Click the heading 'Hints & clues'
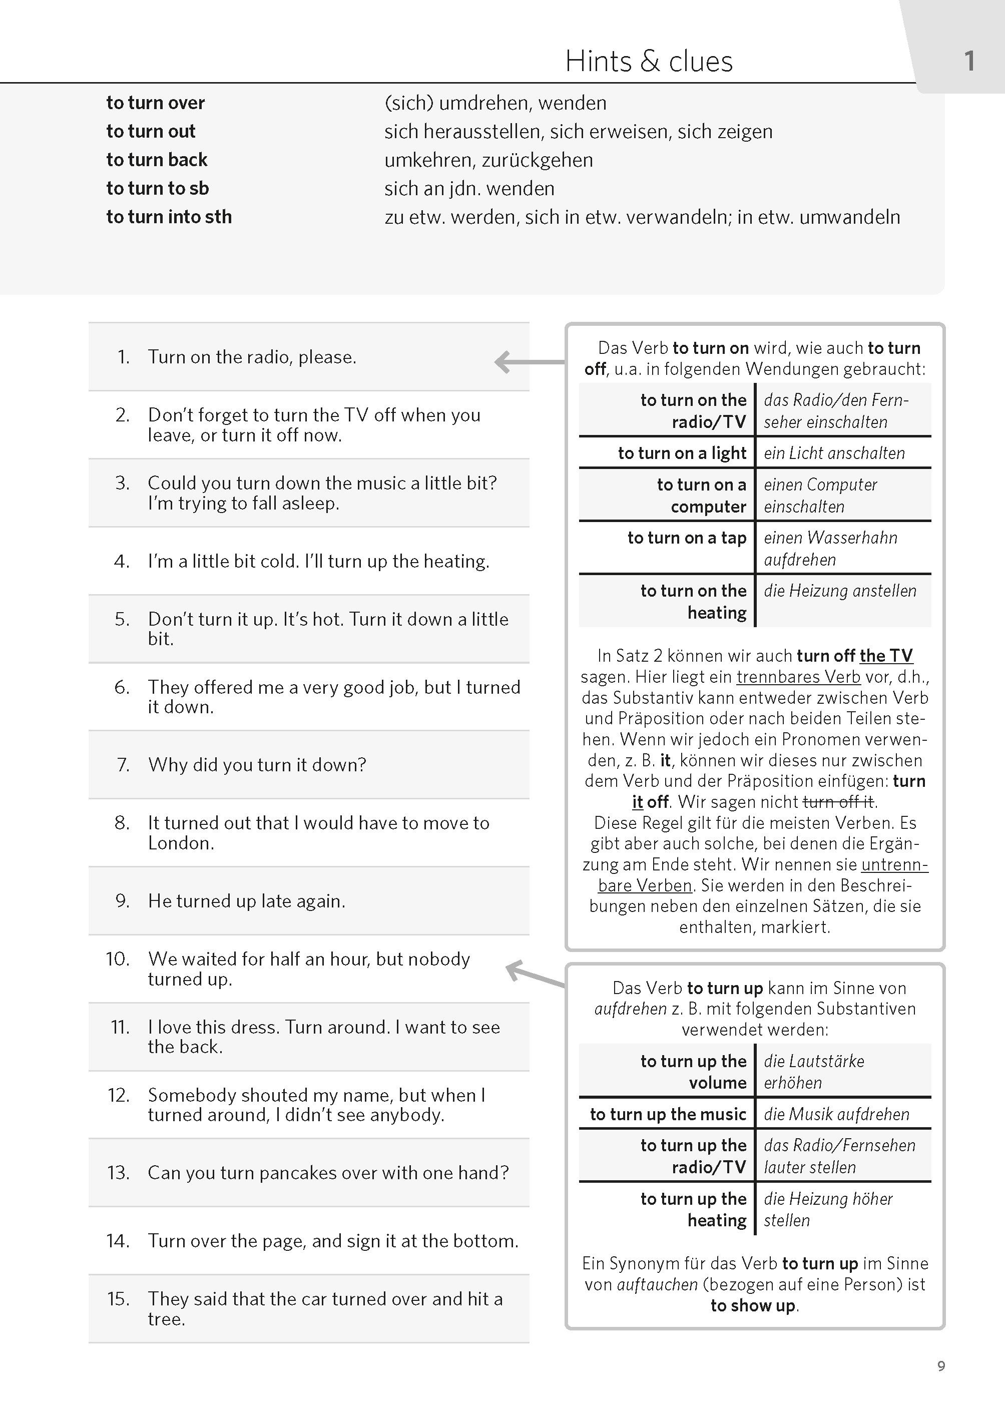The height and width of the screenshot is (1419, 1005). [x=649, y=61]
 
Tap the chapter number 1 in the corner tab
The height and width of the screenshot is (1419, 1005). [x=969, y=61]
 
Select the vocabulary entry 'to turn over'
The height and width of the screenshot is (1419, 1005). [x=155, y=103]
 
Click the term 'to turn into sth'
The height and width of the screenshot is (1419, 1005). [x=169, y=217]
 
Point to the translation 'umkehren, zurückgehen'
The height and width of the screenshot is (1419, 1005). [x=488, y=160]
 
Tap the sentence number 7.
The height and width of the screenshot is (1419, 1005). [x=124, y=765]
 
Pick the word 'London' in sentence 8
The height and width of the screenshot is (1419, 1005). [x=180, y=843]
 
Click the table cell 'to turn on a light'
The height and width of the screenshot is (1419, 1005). [x=682, y=453]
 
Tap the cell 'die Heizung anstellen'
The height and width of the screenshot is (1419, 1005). [x=840, y=591]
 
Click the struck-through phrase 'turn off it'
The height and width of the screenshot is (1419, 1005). [x=838, y=802]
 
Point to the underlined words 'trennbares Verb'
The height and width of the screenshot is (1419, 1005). [x=798, y=677]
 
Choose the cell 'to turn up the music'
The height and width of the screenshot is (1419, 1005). [x=668, y=1115]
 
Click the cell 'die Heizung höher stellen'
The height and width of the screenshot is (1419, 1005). [x=828, y=1209]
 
